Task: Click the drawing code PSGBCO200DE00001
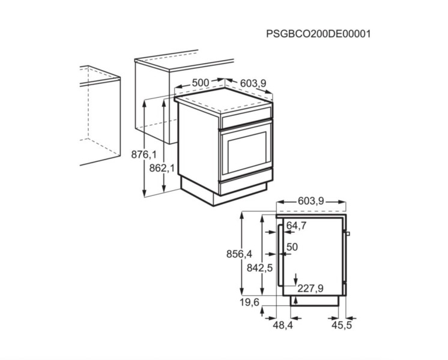(x=318, y=34)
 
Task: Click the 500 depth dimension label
(x=201, y=83)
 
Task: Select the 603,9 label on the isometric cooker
(x=253, y=83)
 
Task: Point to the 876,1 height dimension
(x=144, y=154)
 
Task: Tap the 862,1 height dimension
(x=162, y=168)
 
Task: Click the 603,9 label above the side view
(x=311, y=201)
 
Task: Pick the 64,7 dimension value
(x=296, y=226)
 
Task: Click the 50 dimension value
(x=292, y=247)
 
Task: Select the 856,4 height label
(x=240, y=254)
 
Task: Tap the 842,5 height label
(x=259, y=268)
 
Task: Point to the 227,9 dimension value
(x=310, y=289)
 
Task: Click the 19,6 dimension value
(x=249, y=302)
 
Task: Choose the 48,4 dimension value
(x=283, y=325)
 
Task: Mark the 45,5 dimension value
(x=342, y=325)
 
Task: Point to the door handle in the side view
(x=279, y=254)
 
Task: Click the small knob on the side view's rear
(x=348, y=233)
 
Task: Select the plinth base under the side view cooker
(x=315, y=301)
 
